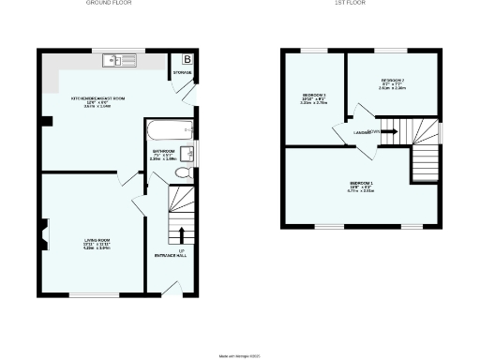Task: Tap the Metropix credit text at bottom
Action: [240, 353]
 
